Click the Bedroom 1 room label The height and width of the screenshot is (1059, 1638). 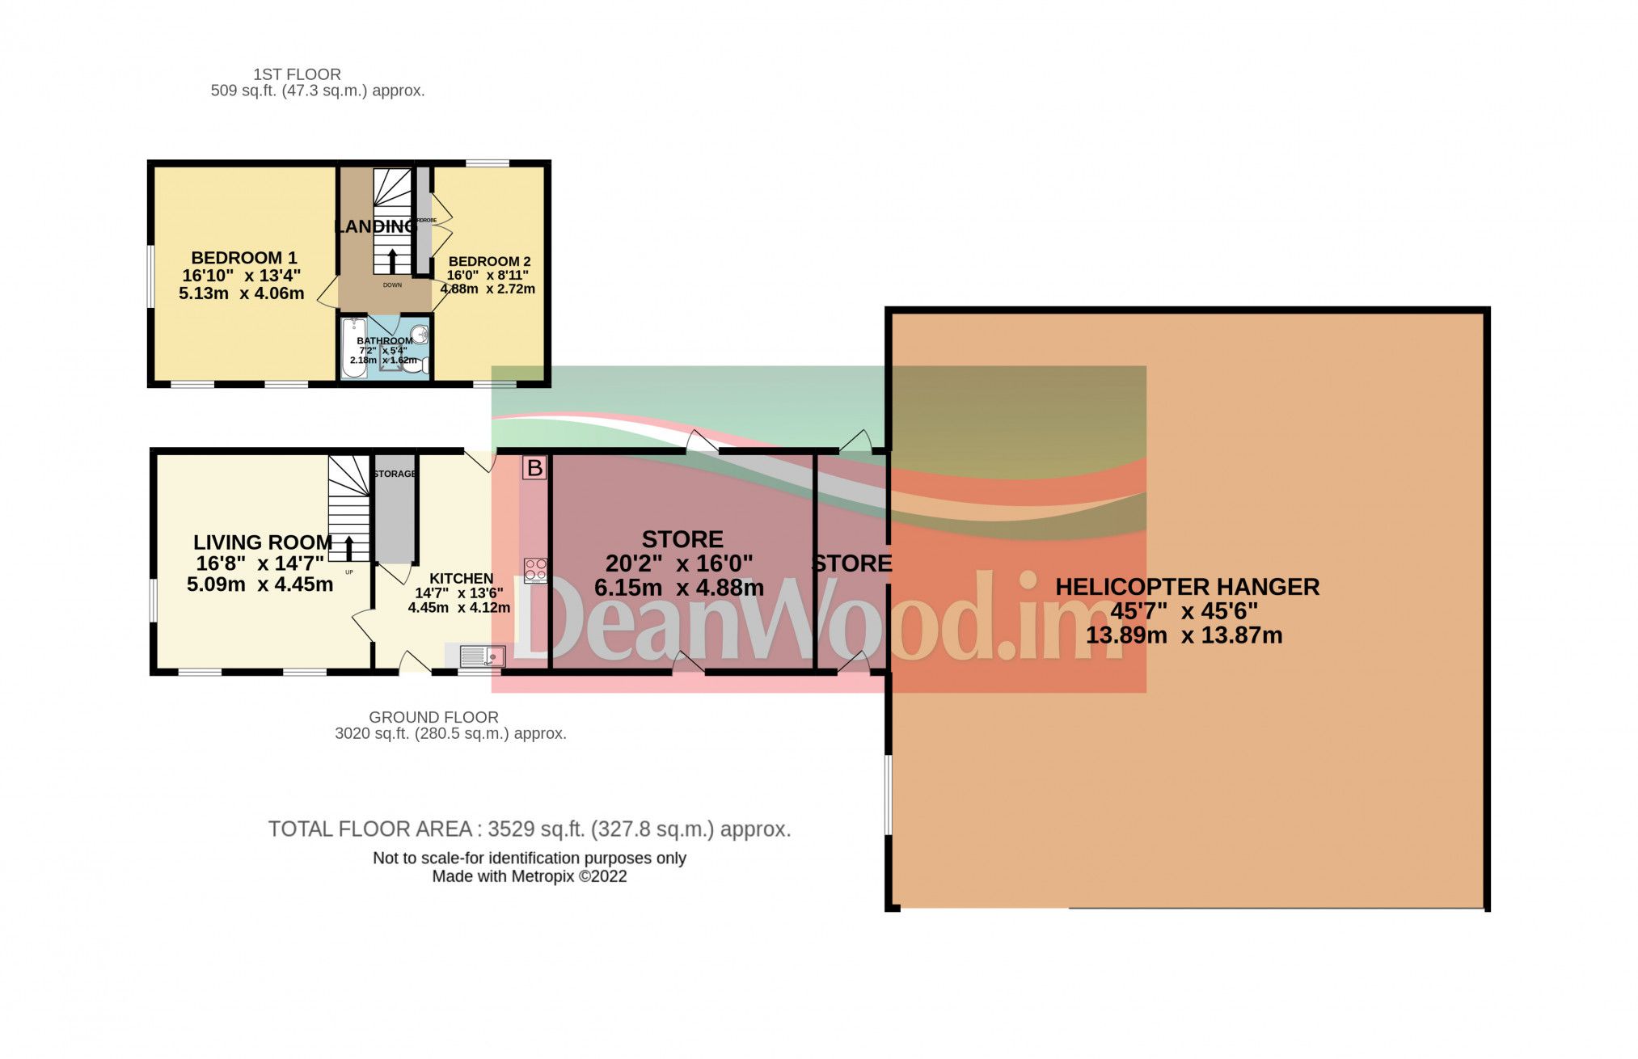coord(243,258)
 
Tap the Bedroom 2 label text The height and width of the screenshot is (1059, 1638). coord(489,261)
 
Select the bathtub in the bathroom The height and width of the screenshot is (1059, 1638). coord(350,348)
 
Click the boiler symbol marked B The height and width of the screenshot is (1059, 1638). coord(534,467)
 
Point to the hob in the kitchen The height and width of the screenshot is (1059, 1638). coord(535,570)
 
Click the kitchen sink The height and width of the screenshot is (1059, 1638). coord(483,656)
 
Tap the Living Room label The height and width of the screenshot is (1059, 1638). coord(263,542)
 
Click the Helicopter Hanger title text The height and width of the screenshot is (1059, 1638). coord(1187,587)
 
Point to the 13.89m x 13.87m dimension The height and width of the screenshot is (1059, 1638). coord(1184,635)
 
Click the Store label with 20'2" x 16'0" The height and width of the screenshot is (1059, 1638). coord(682,539)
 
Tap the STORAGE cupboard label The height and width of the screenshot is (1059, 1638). coord(395,474)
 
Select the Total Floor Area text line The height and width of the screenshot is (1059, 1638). coord(529,829)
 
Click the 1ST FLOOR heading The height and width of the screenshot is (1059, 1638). coord(297,74)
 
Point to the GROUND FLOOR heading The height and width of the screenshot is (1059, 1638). coord(433,717)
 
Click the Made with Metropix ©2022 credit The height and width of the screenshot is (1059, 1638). coord(529,876)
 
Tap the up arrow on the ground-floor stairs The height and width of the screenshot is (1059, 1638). coord(349,547)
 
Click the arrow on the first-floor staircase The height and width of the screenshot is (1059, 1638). coord(393,260)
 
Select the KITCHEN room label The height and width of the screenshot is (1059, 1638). coord(461,579)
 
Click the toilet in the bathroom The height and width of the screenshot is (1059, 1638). coord(416,366)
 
